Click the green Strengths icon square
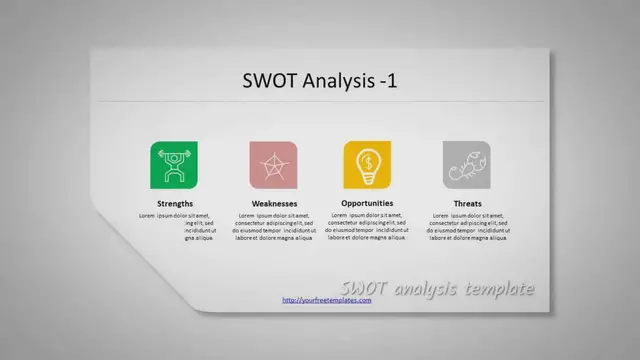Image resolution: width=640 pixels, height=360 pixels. point(175,164)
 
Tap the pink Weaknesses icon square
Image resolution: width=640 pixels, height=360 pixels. point(273,164)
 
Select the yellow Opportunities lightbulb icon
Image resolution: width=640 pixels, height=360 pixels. point(367,164)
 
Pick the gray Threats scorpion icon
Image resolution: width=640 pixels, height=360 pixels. point(466,164)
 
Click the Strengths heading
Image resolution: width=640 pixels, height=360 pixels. point(175,203)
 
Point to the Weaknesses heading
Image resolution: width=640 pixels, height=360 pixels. point(274,203)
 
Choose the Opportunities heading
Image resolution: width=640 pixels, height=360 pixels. point(367,203)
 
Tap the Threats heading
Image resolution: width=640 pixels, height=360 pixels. point(466,203)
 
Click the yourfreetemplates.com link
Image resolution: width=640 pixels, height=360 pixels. point(327,300)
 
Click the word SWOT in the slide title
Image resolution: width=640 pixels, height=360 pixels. point(267,81)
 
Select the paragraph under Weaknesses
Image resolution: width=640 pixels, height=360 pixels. point(274,226)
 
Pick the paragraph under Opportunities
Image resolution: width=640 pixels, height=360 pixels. point(367,226)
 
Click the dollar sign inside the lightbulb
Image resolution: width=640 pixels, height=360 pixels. point(367,159)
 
